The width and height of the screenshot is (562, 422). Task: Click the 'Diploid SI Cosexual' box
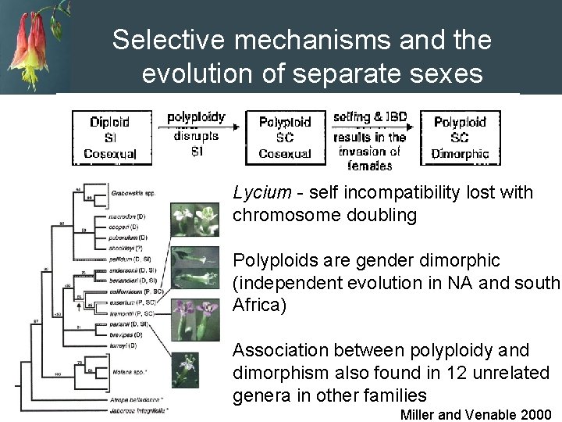point(109,138)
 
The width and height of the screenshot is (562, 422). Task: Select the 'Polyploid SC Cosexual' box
point(284,138)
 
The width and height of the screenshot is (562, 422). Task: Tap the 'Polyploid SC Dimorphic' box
point(461,138)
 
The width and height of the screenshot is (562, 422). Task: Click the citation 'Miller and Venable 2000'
point(475,414)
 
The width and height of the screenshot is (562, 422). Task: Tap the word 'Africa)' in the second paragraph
point(258,305)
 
